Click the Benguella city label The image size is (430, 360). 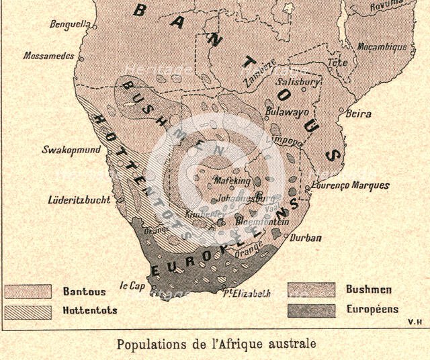tap(70, 25)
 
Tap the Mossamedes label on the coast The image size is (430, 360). tap(48, 56)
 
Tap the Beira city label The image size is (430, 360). tap(358, 114)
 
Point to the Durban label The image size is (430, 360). tap(306, 237)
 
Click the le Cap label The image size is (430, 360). tap(133, 284)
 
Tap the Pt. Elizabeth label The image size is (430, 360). tap(247, 293)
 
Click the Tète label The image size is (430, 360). tap(337, 62)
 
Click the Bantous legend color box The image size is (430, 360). tap(28, 291)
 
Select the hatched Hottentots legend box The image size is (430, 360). tap(28, 311)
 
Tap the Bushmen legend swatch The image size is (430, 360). tap(311, 289)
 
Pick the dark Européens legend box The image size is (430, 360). tap(311, 310)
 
